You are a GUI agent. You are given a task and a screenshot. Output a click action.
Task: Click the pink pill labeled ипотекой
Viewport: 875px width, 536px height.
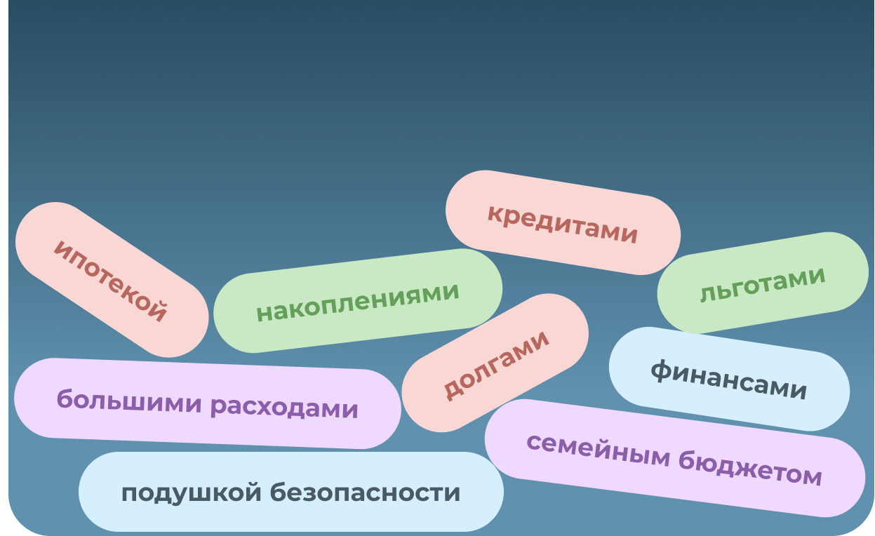coord(112,280)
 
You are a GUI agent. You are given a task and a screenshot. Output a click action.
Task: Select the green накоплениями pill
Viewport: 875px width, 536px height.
coord(358,301)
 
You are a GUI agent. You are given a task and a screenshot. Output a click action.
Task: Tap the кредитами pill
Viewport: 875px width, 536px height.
coord(563,222)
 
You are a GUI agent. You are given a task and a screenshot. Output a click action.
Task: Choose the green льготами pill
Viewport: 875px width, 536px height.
coord(763,283)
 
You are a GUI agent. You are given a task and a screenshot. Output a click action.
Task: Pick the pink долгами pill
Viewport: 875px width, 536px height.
coord(495,363)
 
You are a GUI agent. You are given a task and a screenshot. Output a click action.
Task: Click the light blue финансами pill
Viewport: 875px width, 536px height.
coord(729,379)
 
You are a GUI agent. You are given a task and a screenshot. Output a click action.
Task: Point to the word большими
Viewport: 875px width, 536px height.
coord(129,401)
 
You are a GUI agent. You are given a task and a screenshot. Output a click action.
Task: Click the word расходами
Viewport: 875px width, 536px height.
coord(284,408)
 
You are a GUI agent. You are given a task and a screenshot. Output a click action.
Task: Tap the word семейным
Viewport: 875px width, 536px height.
coord(598,450)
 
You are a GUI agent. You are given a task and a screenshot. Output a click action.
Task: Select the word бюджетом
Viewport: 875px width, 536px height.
coord(749,469)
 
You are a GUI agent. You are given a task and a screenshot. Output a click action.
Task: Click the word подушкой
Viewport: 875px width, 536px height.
coord(191,493)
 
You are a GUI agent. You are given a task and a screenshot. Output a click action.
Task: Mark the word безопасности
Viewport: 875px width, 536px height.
coord(366,493)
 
